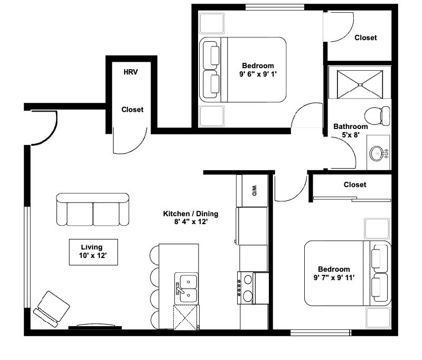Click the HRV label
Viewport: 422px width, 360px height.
pyautogui.click(x=130, y=72)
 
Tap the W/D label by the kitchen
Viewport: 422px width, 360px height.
pyautogui.click(x=254, y=190)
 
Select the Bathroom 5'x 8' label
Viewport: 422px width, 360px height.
pyautogui.click(x=350, y=131)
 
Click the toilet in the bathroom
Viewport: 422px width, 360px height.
pyautogui.click(x=377, y=116)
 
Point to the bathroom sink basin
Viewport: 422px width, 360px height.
pyautogui.click(x=377, y=154)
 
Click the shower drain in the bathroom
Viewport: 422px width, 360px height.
pyautogui.click(x=360, y=85)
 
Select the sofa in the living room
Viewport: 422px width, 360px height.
pyautogui.click(x=92, y=209)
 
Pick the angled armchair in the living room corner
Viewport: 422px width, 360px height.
pyautogui.click(x=51, y=309)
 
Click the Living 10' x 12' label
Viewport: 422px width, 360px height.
pyautogui.click(x=92, y=251)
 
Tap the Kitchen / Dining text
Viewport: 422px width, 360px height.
pyautogui.click(x=191, y=214)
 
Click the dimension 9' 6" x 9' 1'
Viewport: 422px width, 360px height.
pyautogui.click(x=258, y=74)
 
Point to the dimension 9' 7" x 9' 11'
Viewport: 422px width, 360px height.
pyautogui.click(x=334, y=278)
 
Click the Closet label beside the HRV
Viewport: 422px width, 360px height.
pyautogui.click(x=133, y=109)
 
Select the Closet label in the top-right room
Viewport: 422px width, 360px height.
pyautogui.click(x=365, y=38)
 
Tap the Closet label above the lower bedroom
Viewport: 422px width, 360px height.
pyautogui.click(x=355, y=184)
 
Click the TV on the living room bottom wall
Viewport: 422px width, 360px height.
pyautogui.click(x=95, y=327)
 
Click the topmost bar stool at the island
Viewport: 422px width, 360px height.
pyautogui.click(x=154, y=255)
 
